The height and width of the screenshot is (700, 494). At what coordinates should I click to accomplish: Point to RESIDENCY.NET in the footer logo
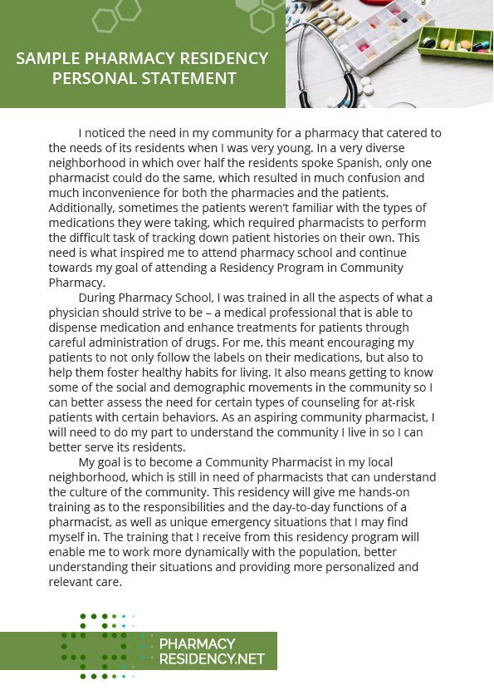click(x=212, y=659)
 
